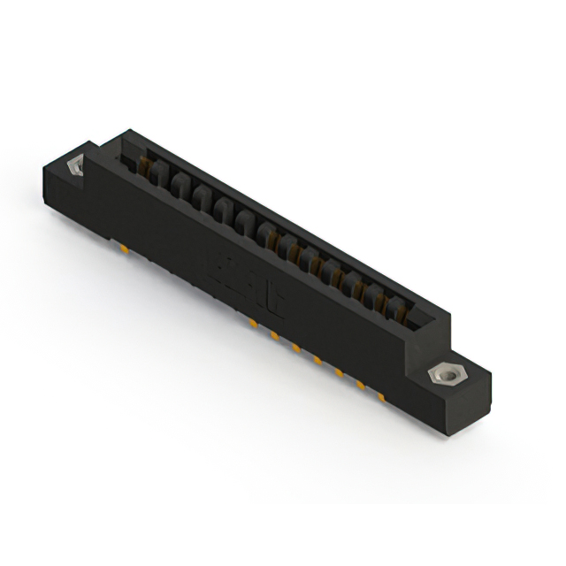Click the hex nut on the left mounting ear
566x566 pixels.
click(75, 166)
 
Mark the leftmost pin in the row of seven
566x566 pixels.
click(254, 325)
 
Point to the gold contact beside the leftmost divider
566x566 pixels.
click(141, 164)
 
